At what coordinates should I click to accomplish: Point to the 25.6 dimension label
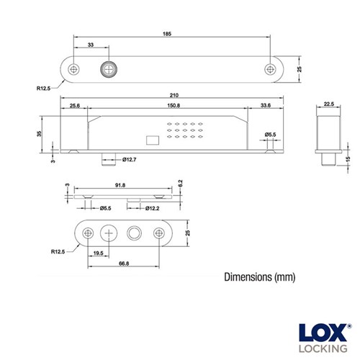[74, 106]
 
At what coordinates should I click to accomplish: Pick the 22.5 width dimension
[328, 104]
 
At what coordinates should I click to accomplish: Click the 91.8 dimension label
[119, 185]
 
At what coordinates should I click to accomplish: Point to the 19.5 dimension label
[98, 252]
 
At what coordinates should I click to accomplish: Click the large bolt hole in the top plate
[108, 70]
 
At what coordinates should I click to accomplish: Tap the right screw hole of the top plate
[271, 70]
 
